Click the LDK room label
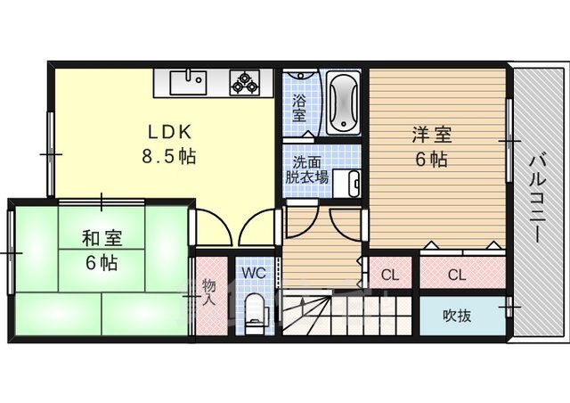click(169, 132)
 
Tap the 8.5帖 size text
click(168, 157)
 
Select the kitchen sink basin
click(188, 83)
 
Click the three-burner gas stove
click(245, 82)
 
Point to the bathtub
click(343, 103)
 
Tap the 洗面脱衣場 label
click(306, 170)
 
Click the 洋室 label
click(432, 135)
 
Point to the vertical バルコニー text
click(536, 199)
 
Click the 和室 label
click(102, 238)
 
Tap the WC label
click(254, 273)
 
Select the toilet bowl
click(255, 312)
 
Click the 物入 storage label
click(209, 292)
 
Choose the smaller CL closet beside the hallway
click(390, 273)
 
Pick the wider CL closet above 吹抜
click(462, 273)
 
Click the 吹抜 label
click(457, 316)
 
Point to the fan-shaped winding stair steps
click(306, 316)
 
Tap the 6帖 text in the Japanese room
click(102, 262)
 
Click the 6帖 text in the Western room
click(431, 159)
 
